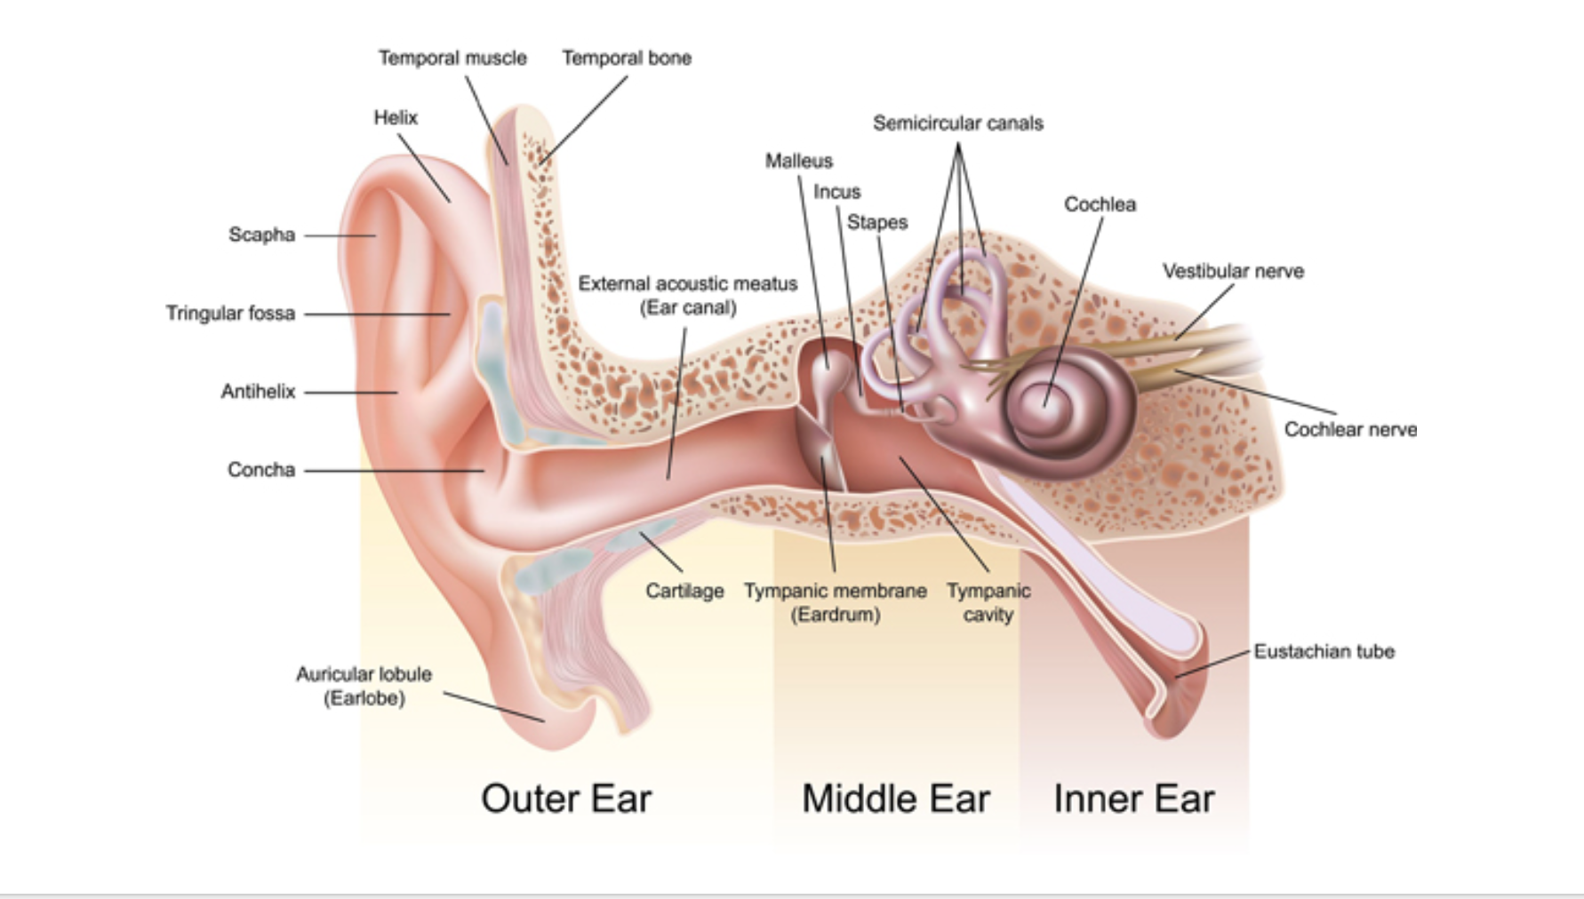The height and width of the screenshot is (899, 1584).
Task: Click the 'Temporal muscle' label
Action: [452, 58]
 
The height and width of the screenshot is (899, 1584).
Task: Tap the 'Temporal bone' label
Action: [627, 58]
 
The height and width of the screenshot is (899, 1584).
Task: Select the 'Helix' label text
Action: [396, 117]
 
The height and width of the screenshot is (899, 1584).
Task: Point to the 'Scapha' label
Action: [261, 235]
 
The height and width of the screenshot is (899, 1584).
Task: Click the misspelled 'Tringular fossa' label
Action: [230, 313]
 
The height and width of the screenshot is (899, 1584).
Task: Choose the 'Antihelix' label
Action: [258, 391]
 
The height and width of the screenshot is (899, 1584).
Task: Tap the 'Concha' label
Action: [261, 469]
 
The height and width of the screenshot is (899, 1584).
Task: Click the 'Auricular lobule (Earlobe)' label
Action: [364, 686]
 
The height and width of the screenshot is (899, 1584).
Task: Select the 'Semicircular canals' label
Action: [958, 123]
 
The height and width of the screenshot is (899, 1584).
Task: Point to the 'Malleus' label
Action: [799, 161]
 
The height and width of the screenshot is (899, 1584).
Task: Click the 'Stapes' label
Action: [877, 222]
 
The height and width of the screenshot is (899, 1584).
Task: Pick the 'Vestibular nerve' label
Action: [1233, 271]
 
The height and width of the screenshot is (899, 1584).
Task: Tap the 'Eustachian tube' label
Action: [1324, 651]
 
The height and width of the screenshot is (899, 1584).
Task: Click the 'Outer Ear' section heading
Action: [566, 798]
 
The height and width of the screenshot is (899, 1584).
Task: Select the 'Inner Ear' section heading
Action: [1133, 798]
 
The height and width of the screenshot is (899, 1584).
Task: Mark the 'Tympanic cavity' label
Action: [988, 602]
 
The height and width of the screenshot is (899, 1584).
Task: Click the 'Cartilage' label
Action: [684, 591]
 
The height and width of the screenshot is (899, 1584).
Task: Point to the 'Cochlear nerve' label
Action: [1350, 429]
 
